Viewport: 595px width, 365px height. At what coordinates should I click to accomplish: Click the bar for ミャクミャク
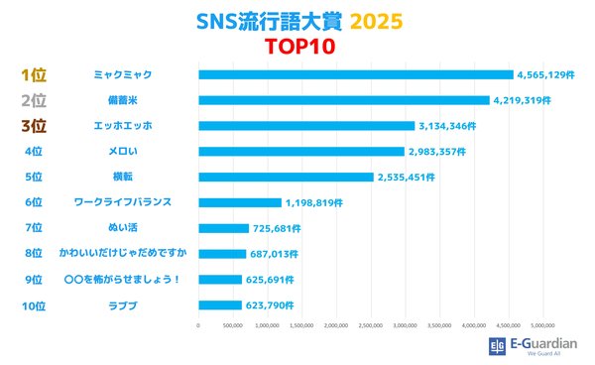(x=355, y=74)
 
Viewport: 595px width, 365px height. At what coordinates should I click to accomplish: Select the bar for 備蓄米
(x=344, y=100)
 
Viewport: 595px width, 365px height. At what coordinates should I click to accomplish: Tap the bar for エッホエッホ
(x=306, y=126)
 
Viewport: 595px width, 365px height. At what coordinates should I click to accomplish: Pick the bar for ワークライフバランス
(x=240, y=202)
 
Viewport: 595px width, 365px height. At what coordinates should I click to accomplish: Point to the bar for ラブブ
(x=220, y=305)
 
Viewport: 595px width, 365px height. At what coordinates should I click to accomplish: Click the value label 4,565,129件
(x=543, y=74)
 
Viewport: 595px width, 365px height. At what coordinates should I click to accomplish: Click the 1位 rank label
(x=34, y=74)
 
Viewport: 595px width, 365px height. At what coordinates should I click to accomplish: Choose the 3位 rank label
(x=34, y=126)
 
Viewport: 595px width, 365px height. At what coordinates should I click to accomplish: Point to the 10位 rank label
(x=34, y=305)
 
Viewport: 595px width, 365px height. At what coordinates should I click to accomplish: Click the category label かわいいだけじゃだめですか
(x=122, y=254)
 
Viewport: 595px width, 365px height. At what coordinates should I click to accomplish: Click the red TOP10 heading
(x=297, y=46)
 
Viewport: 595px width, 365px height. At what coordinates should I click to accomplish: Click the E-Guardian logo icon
(x=498, y=345)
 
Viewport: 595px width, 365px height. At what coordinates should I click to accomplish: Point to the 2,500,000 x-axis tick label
(x=371, y=324)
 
